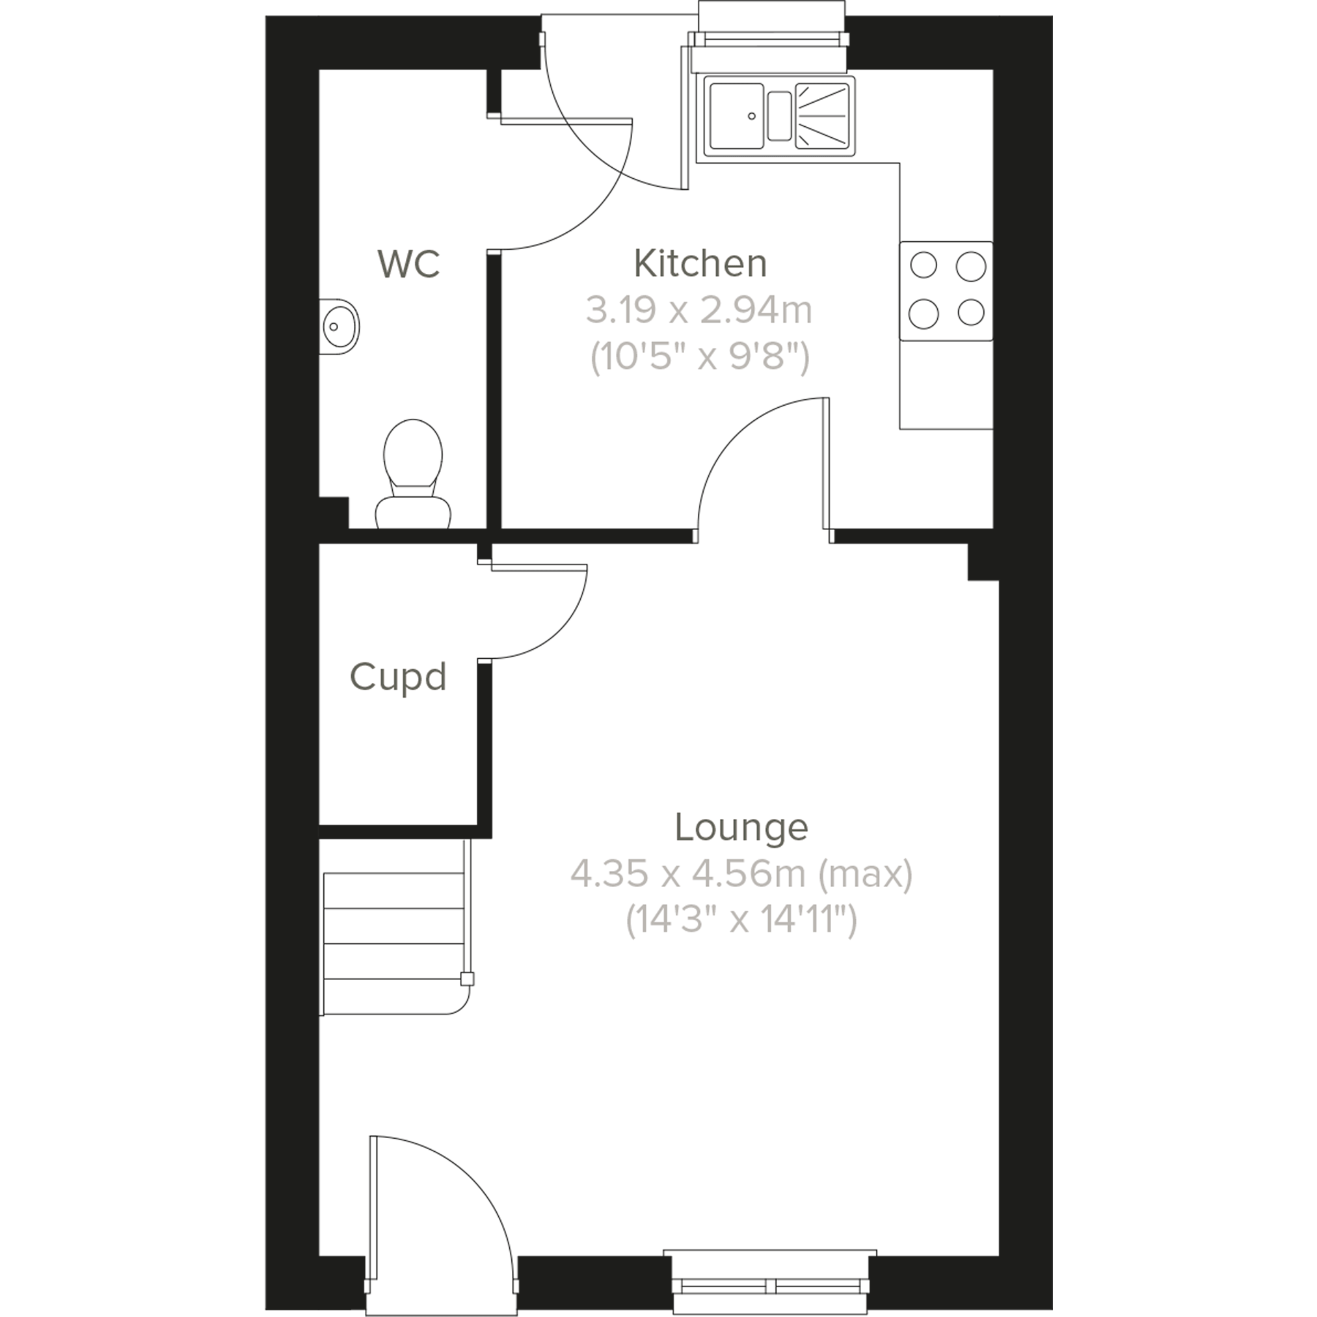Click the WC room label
pos(408,265)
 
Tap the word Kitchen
pos(700,264)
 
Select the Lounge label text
pos(741,827)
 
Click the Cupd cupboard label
pos(397,677)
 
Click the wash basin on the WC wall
pos(339,326)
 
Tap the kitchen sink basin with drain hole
pos(736,116)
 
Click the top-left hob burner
pos(924,265)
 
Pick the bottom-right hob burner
pos(971,313)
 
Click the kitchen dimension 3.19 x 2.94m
pos(699,311)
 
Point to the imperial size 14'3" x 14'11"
pos(741,920)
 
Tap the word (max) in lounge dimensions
pos(865,874)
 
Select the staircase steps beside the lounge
pos(393,944)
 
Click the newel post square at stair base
pos(467,979)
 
